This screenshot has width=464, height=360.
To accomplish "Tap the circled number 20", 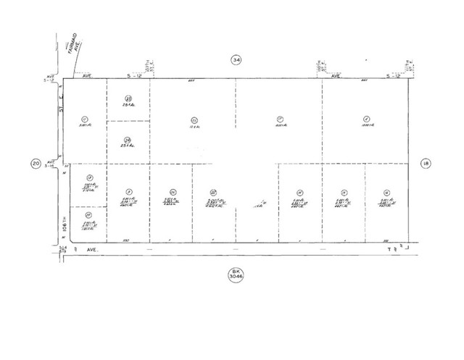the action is (x=36, y=164).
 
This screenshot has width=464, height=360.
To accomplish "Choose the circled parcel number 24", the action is (x=127, y=140).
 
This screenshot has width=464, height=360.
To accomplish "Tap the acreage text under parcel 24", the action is (x=127, y=147).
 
